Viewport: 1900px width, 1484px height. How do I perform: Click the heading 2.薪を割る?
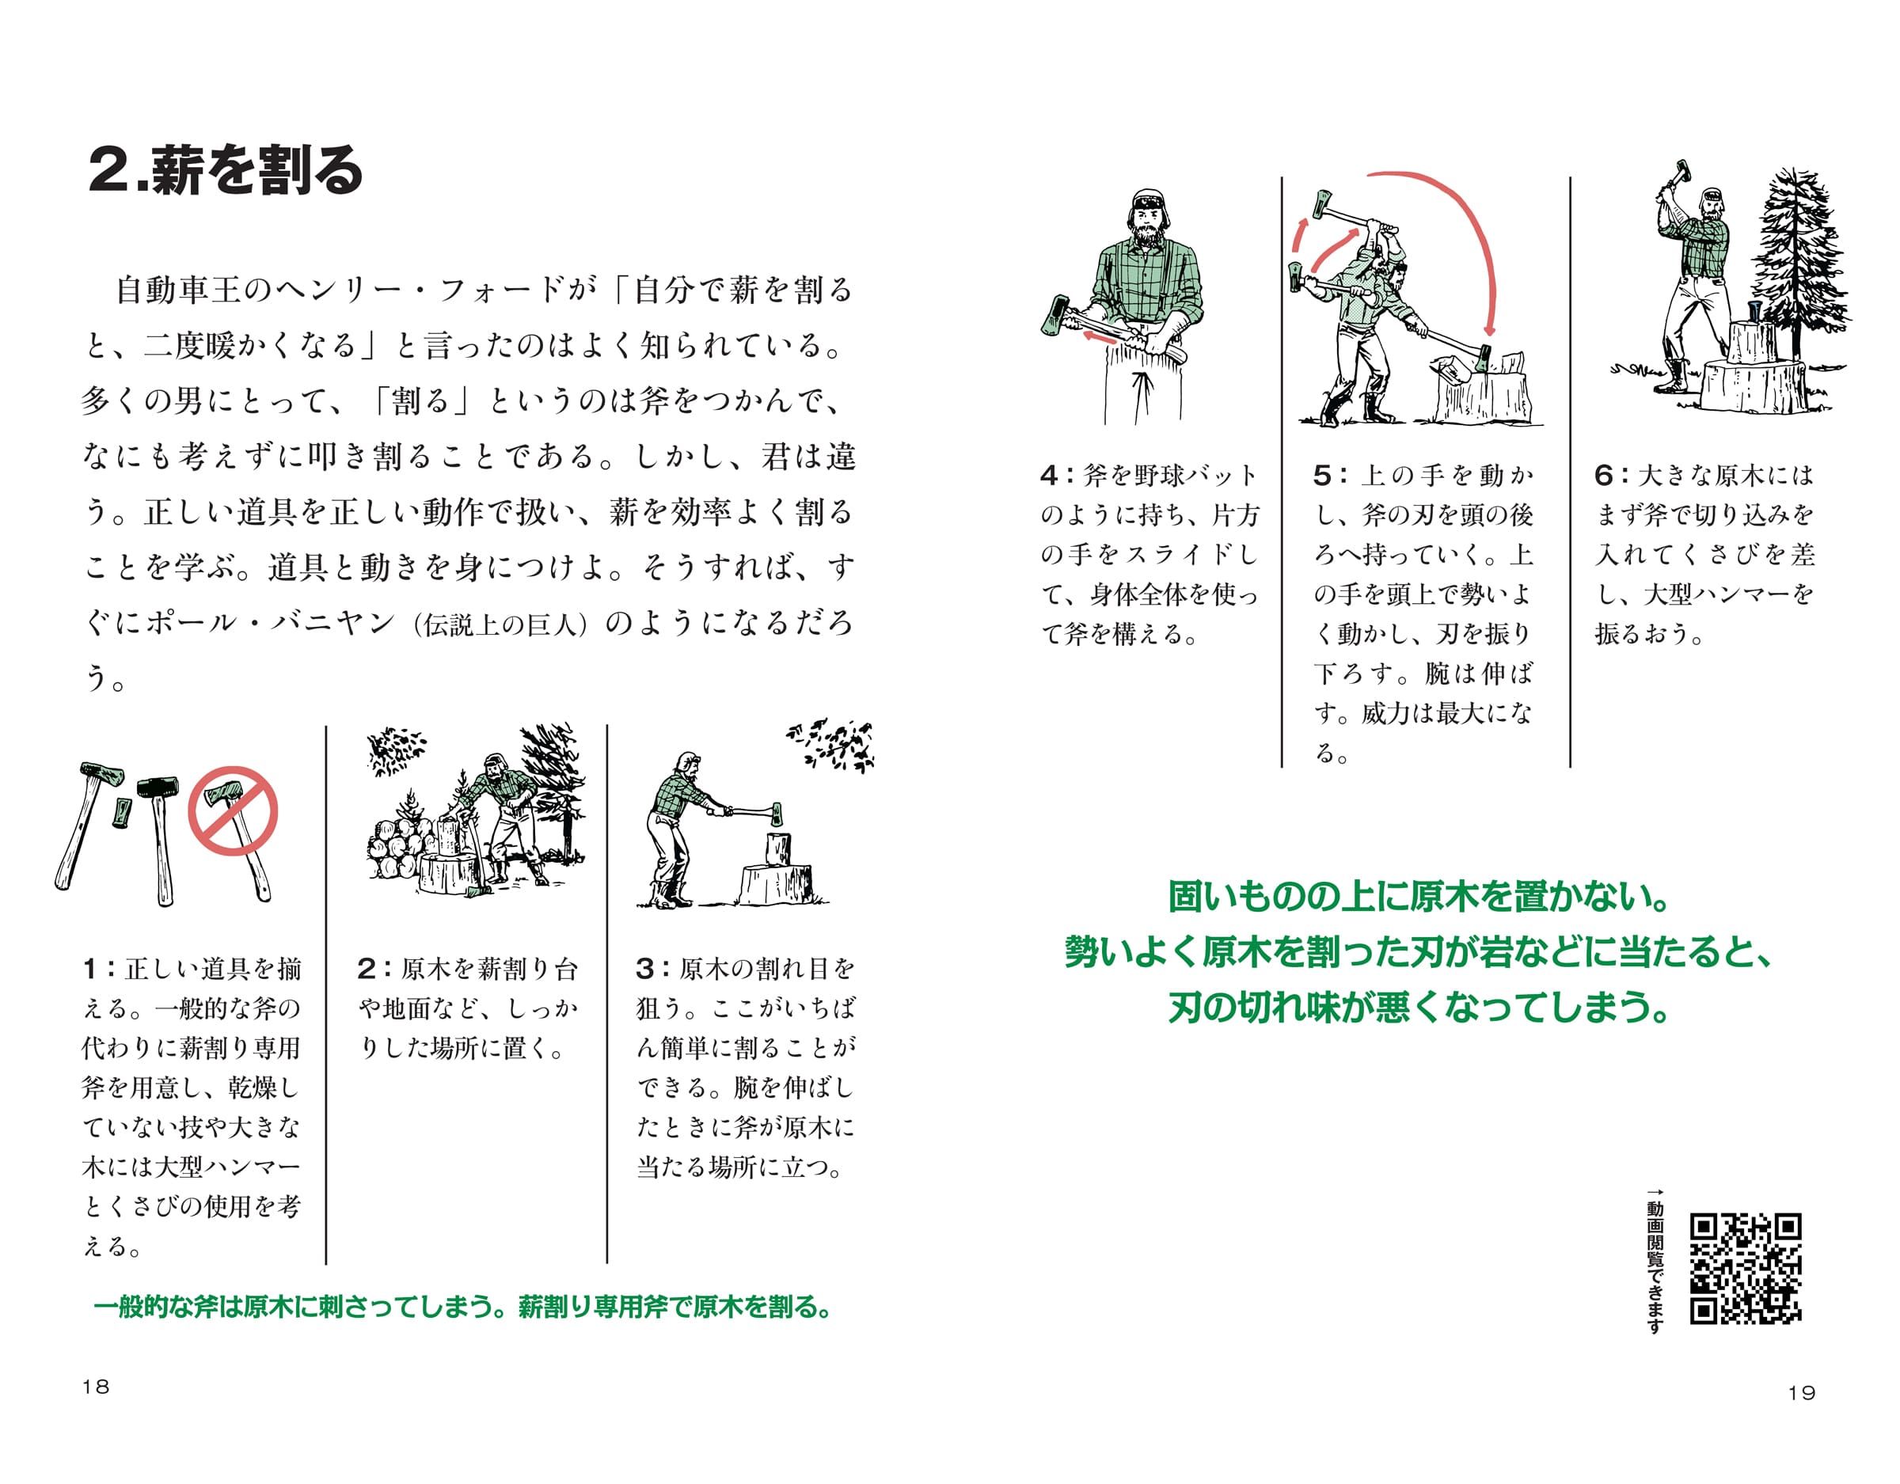pos(226,169)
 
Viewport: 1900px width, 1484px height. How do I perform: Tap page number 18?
pos(96,1387)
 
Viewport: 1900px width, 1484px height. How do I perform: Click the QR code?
pos(1745,1268)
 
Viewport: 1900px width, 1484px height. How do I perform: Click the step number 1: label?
pos(100,968)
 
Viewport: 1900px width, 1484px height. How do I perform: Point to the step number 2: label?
pos(374,968)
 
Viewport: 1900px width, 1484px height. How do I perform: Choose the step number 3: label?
pos(652,968)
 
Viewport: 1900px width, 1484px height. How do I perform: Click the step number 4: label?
pos(1056,475)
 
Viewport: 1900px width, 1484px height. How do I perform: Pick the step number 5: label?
pos(1330,475)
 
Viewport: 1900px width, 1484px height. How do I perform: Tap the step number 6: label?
pos(1610,475)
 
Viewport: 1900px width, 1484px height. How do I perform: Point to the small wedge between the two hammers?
pos(122,810)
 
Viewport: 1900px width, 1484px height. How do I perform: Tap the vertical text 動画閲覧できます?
pos(1655,1262)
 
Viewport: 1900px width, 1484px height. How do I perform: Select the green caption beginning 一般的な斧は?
pos(463,1307)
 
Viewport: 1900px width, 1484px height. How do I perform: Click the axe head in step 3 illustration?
pos(776,814)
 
